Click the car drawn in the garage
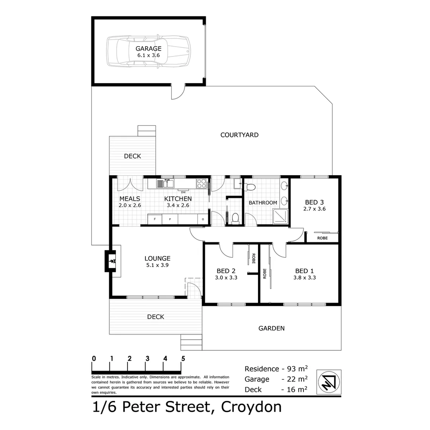pos(148,51)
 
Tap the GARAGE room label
pos(148,49)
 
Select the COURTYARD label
pos(239,135)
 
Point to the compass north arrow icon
pos(328,382)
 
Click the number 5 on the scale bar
pos(183,358)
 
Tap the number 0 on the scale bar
pos(94,358)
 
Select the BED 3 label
pos(315,201)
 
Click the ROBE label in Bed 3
pos(322,238)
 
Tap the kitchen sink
pos(165,184)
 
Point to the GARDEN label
pos(272,328)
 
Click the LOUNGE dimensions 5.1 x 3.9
pos(157,265)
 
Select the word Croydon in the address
pos(251,407)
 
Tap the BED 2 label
pos(226,271)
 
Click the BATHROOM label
pos(263,203)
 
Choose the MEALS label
pos(130,199)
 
